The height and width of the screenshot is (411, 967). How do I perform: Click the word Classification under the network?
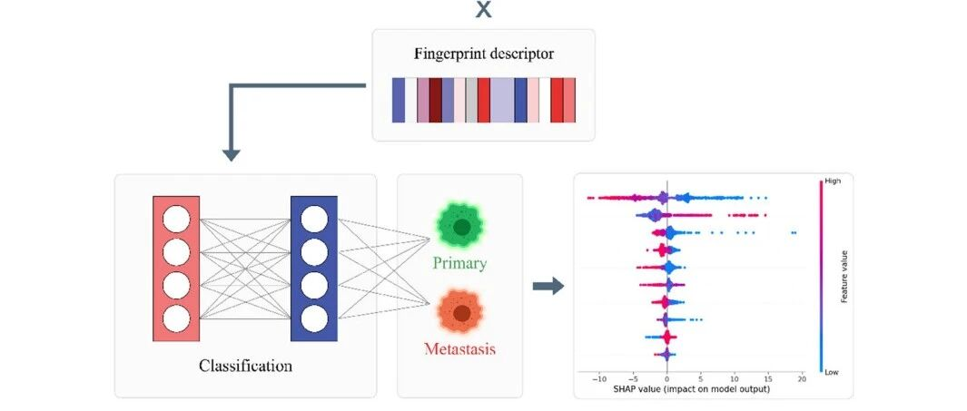point(245,367)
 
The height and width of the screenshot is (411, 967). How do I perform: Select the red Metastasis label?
point(459,348)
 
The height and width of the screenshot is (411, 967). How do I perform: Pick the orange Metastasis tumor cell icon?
point(461,313)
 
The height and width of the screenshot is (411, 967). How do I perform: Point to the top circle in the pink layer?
point(176,220)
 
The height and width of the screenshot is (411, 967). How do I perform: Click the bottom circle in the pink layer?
point(176,317)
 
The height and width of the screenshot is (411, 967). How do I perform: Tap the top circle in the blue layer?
point(314,220)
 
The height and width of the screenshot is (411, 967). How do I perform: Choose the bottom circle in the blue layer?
point(314,318)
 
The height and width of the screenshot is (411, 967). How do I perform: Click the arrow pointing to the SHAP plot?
point(548,287)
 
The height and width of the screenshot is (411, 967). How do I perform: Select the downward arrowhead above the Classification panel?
point(232,153)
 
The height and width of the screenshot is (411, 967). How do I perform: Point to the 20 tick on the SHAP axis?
point(802,378)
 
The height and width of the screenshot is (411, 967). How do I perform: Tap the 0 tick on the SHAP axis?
point(666,378)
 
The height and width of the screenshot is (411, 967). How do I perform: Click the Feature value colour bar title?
point(844,276)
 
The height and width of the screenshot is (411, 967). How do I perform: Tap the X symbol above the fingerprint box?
point(483,10)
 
